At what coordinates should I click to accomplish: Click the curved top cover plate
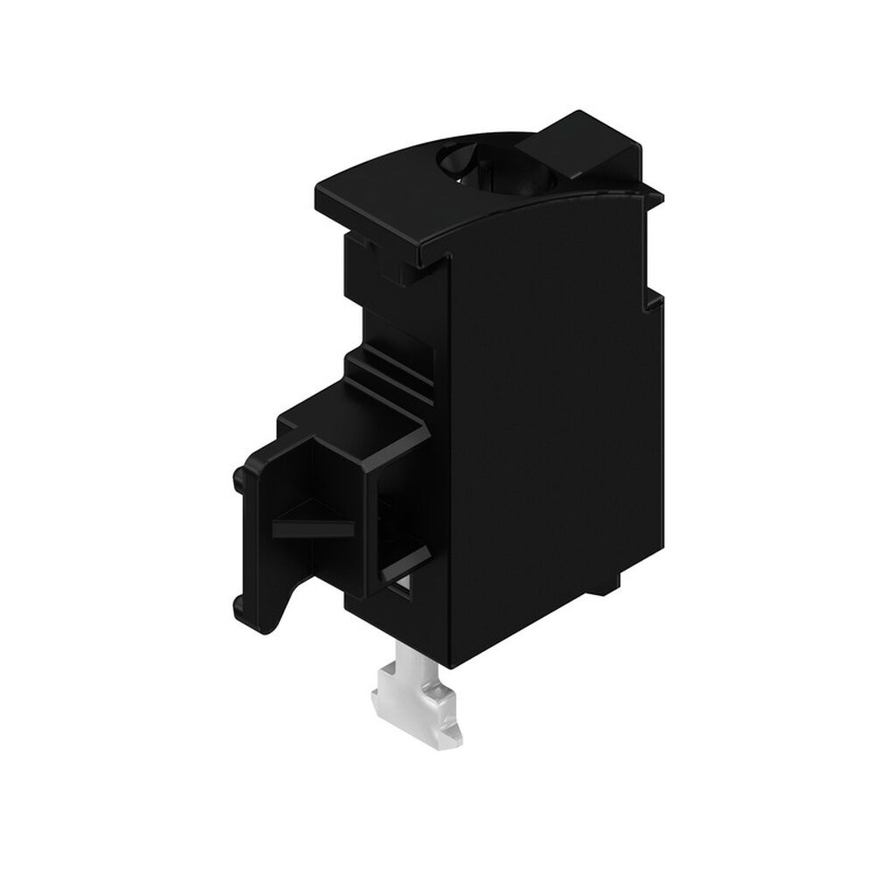pyautogui.click(x=394, y=201)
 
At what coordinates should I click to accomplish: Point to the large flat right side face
pyautogui.click(x=551, y=420)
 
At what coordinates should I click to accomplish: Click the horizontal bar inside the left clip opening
pyautogui.click(x=311, y=528)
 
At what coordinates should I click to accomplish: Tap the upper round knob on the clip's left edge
pyautogui.click(x=237, y=479)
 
